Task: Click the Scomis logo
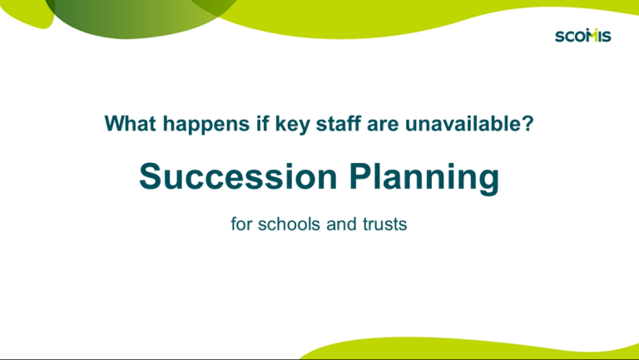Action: [x=582, y=36]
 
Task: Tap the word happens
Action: [x=206, y=125]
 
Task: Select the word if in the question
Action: [x=262, y=123]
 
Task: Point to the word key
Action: [x=292, y=125]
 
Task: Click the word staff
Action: [x=339, y=123]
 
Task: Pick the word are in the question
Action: [x=382, y=125]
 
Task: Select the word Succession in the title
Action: [x=239, y=176]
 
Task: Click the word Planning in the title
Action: [x=424, y=179]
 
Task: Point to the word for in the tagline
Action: [x=241, y=224]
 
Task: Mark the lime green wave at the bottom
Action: [x=468, y=348]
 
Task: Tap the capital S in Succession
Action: [x=151, y=176]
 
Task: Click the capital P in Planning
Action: [x=361, y=176]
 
